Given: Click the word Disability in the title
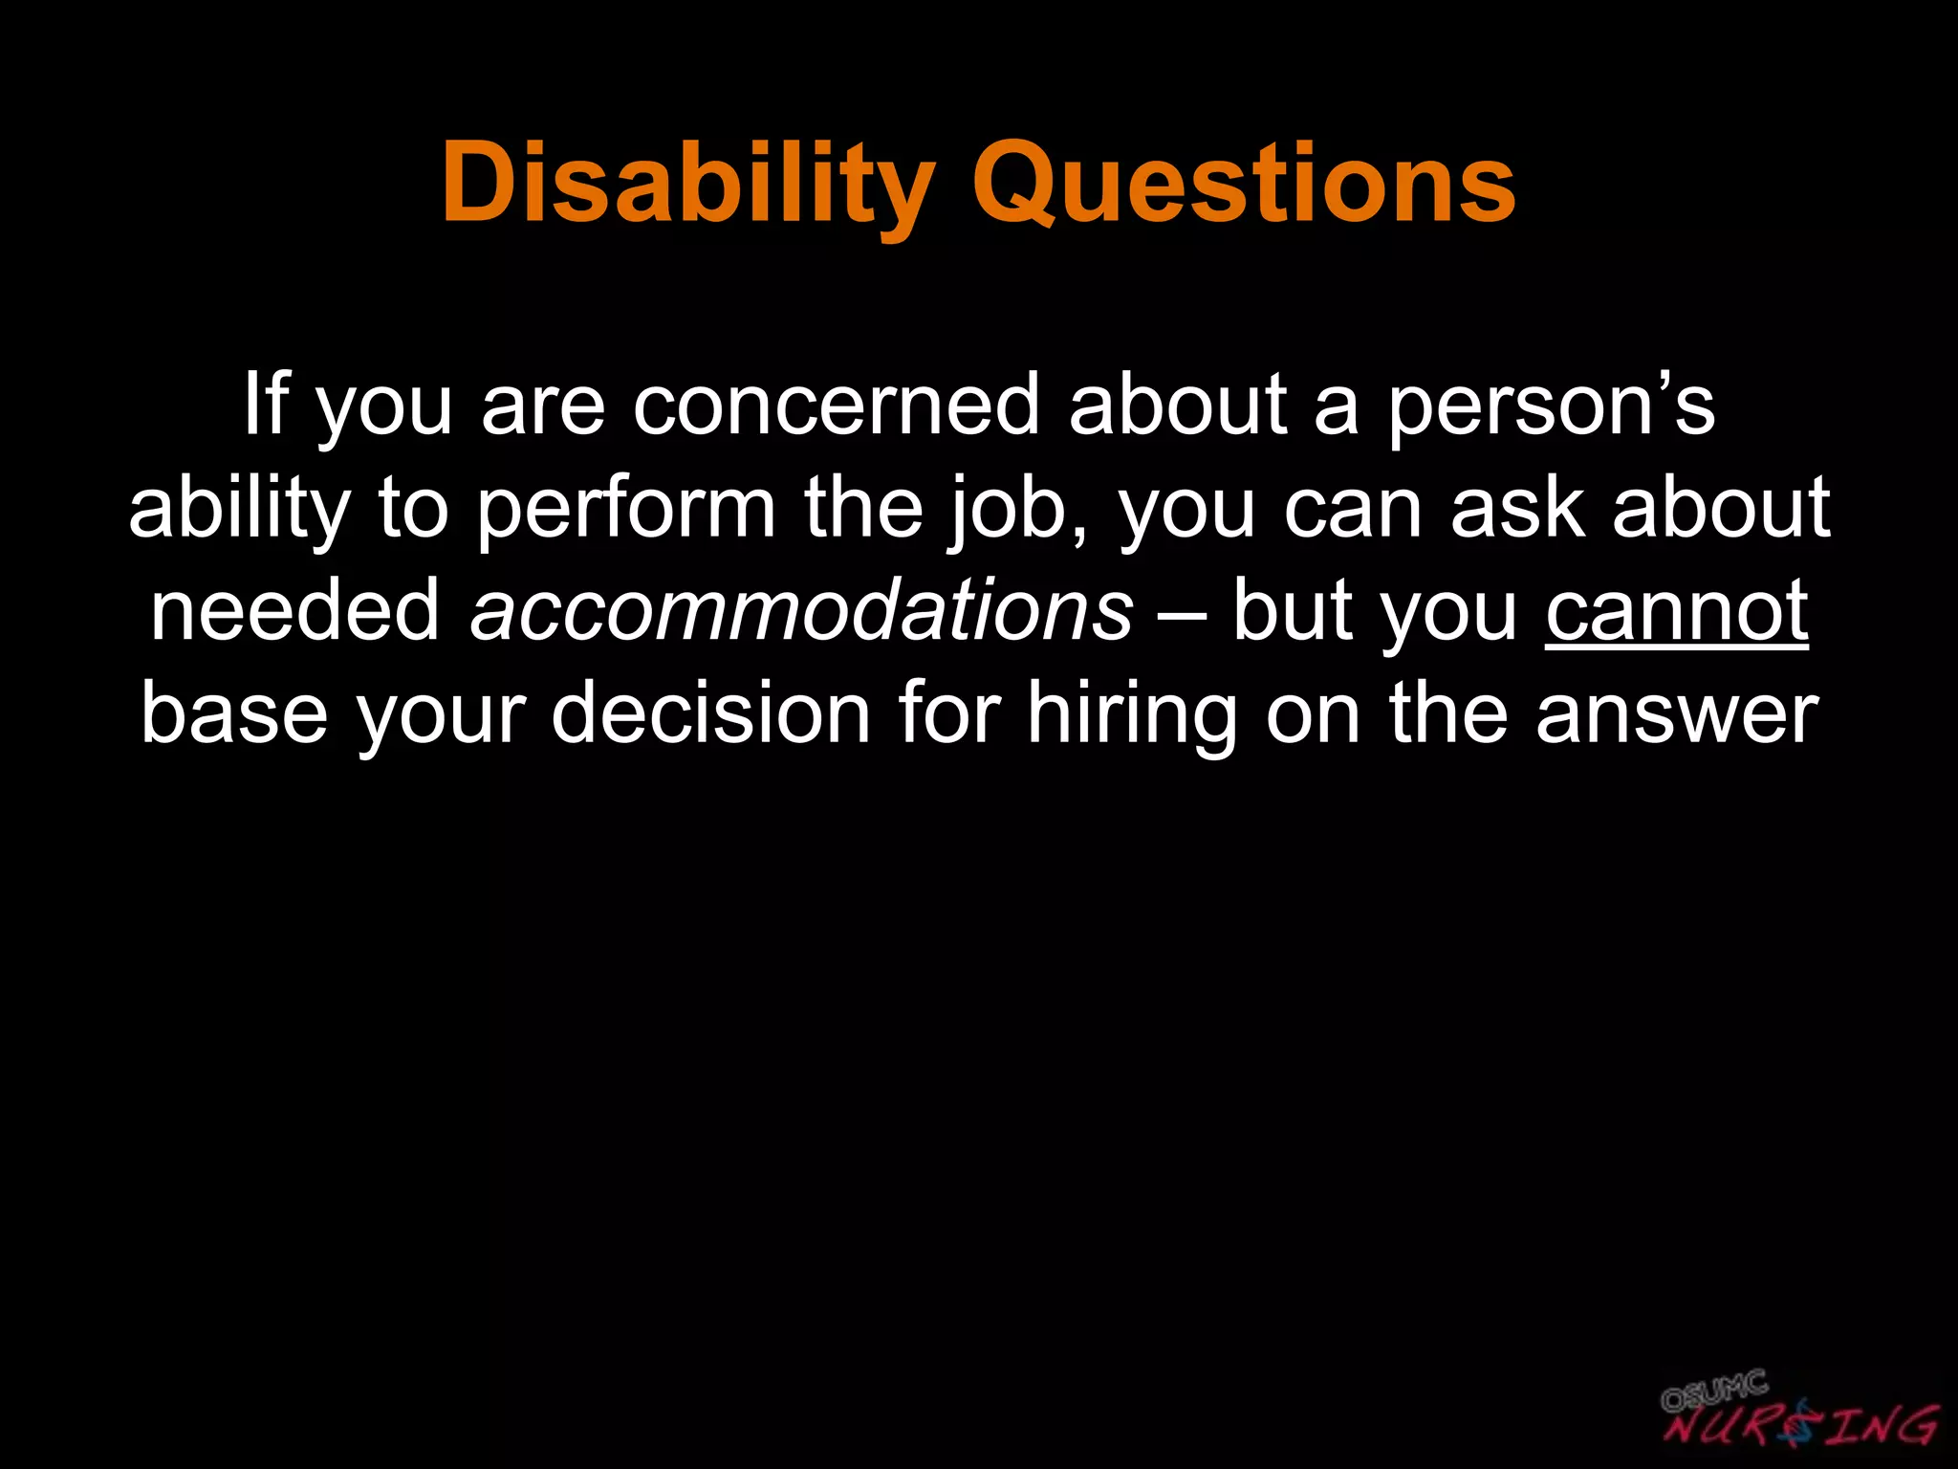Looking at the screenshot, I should click(x=687, y=184).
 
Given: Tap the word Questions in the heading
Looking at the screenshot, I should click(x=1244, y=184).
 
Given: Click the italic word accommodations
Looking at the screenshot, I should click(x=801, y=610).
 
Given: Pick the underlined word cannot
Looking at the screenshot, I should click(x=1676, y=610).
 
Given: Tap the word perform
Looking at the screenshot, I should click(x=626, y=508).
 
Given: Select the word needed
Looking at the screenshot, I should click(x=295, y=610).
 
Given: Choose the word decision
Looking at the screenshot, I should click(x=710, y=713).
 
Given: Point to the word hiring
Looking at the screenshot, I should click(x=1132, y=713).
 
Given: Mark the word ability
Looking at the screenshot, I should click(x=239, y=508).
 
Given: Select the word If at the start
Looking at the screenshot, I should click(x=264, y=405).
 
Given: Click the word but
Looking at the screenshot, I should click(x=1289, y=610).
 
